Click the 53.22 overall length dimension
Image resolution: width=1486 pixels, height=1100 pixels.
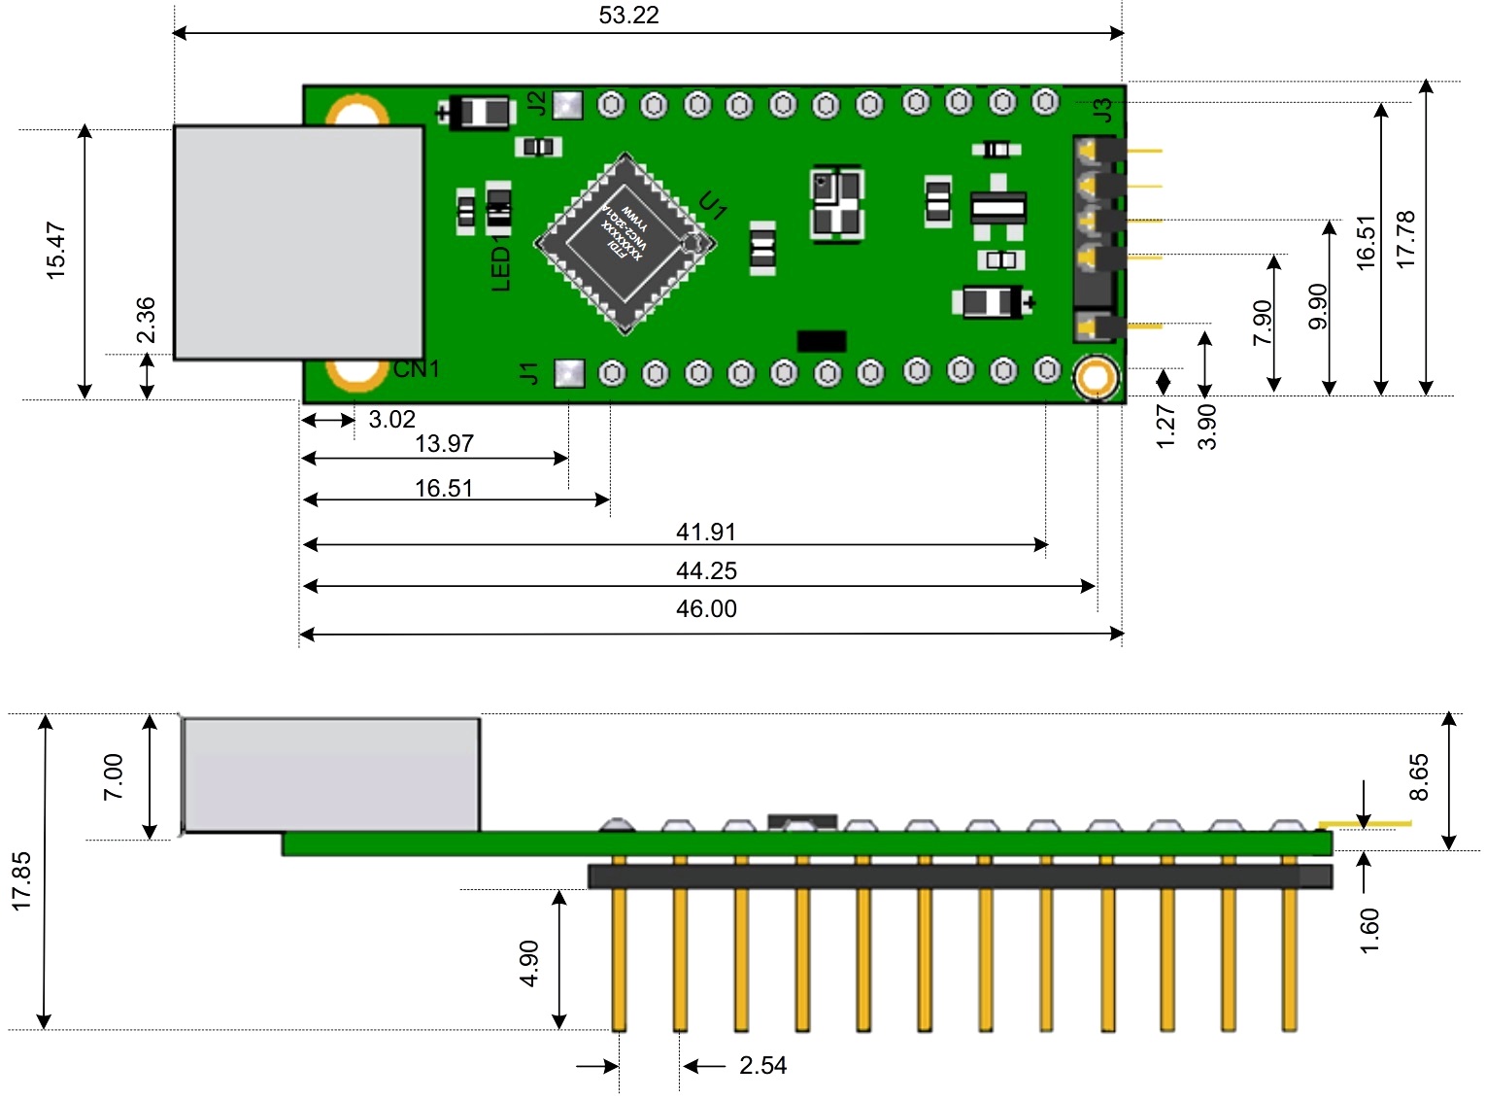[628, 16]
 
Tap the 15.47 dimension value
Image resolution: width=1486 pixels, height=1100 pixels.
[56, 251]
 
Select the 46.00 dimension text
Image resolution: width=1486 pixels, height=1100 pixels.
[706, 609]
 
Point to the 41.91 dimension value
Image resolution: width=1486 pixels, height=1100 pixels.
[706, 533]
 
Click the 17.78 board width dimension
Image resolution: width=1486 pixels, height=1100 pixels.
[1405, 239]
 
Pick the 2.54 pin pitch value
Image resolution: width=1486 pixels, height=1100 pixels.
[762, 1066]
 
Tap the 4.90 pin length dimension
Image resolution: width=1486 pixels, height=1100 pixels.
[529, 963]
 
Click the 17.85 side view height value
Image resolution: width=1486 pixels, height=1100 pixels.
[21, 881]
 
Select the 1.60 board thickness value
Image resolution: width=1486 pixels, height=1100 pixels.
[1369, 931]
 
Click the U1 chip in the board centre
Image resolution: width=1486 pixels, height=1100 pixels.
[625, 243]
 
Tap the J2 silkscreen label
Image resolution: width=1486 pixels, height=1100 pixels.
[536, 103]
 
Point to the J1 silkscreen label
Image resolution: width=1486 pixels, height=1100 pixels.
[528, 372]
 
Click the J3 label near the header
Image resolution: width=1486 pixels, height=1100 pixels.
[1101, 110]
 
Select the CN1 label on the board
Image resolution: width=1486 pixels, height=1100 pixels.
[417, 369]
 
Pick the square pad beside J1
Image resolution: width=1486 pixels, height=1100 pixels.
[569, 373]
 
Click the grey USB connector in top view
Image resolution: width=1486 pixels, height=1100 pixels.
[298, 242]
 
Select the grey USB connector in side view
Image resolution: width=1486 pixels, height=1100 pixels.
[330, 774]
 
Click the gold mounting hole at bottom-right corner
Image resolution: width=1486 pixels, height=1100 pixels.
[1096, 378]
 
